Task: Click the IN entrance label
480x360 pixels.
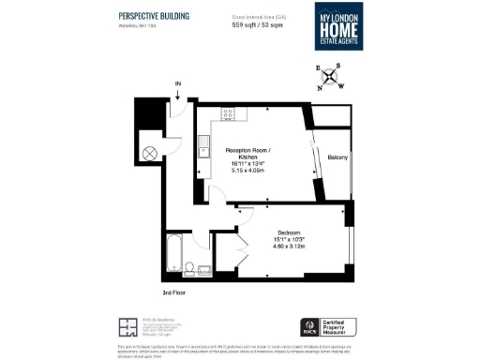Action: [x=178, y=83]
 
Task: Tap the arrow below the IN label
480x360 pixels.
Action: [x=178, y=94]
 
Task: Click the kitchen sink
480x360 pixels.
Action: [x=203, y=145]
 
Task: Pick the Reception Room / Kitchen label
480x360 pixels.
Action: [x=253, y=155]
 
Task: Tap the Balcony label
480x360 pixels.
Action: [x=337, y=158]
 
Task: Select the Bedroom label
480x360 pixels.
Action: [x=288, y=232]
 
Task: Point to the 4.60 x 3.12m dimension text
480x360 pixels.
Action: [x=288, y=247]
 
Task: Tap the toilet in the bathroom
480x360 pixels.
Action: [x=188, y=269]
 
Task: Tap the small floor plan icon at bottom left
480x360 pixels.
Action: [x=127, y=327]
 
